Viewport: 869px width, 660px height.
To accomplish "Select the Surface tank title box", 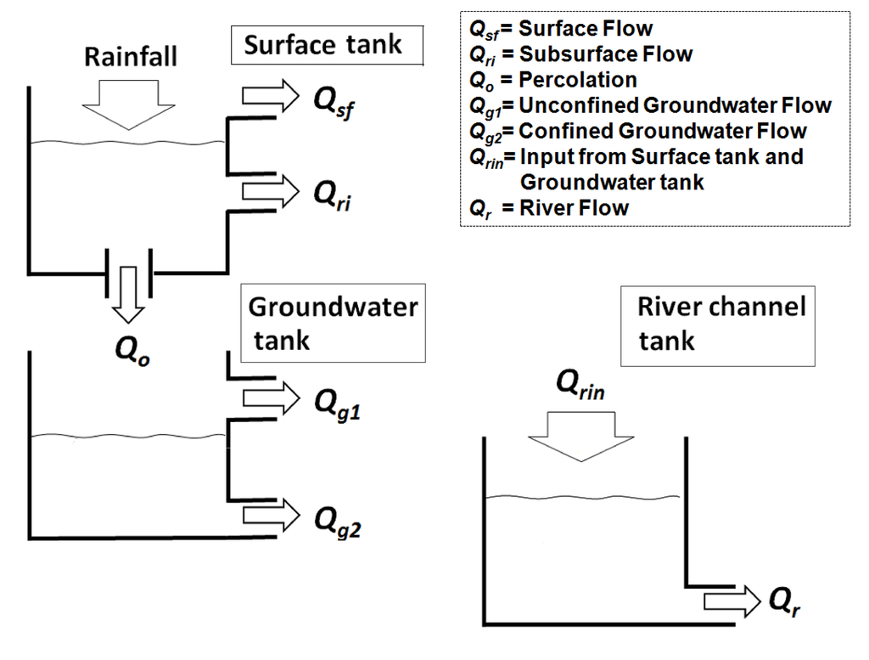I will (x=327, y=46).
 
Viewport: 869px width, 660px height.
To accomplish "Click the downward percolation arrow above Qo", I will (x=129, y=293).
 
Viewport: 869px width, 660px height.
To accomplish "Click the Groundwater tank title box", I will (x=333, y=323).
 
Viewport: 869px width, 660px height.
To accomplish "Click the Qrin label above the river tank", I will (x=581, y=387).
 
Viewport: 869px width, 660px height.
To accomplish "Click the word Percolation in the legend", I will (x=578, y=80).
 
